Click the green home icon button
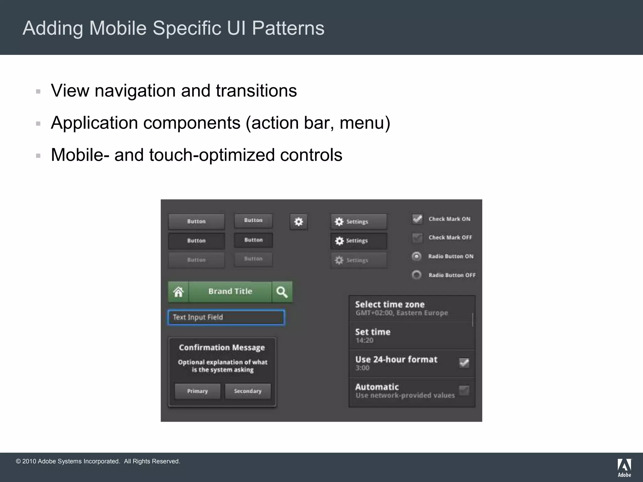point(178,292)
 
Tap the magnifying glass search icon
point(282,292)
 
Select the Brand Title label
point(230,292)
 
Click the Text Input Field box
point(226,317)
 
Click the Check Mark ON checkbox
point(417,219)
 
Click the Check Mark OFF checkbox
point(417,238)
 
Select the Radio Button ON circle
point(416,256)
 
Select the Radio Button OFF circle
point(416,275)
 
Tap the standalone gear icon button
point(298,222)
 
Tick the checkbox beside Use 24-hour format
point(464,363)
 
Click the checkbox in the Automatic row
point(464,391)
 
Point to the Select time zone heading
point(390,304)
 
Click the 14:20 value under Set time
point(364,340)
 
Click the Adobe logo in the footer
point(624,468)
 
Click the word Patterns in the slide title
point(288,28)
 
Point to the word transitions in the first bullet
point(256,91)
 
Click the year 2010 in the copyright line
point(29,461)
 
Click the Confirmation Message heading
point(222,348)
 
